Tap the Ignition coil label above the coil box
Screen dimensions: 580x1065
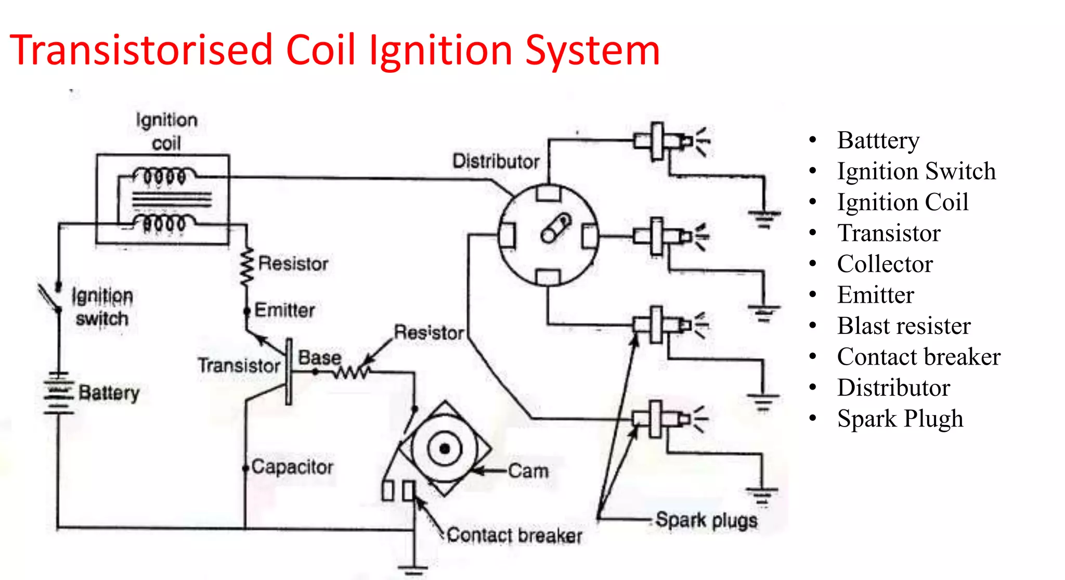tap(166, 131)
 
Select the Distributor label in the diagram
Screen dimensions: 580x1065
tap(496, 161)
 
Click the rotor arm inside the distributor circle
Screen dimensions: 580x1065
tap(555, 228)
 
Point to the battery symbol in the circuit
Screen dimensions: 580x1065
tap(58, 393)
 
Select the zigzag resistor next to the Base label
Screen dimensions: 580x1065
tap(352, 372)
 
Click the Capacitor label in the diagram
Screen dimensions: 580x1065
tap(292, 467)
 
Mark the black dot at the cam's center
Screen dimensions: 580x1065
tap(445, 448)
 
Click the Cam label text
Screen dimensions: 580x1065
tap(528, 471)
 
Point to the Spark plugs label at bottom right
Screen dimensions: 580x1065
tap(706, 520)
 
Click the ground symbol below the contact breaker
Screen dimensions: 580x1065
tap(414, 569)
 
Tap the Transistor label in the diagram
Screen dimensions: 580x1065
tap(239, 365)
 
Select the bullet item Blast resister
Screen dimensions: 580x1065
tap(904, 326)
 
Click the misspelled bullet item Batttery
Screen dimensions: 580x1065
tap(878, 140)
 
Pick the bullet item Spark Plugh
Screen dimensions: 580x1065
tap(900, 419)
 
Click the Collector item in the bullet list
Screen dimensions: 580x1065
tap(885, 264)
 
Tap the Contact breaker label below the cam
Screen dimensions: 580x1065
tap(514, 535)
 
